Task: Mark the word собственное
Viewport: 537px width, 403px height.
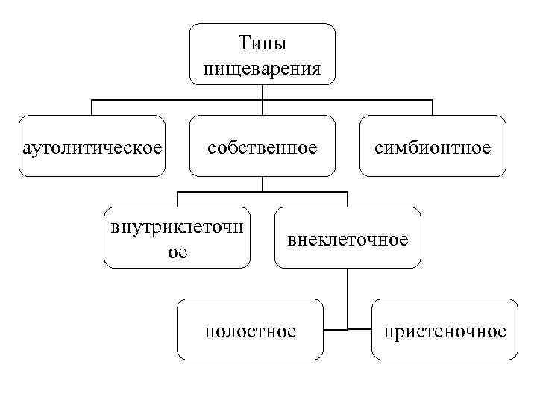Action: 262,148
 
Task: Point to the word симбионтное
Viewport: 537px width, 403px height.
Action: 433,148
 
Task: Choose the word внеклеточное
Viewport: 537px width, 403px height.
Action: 348,240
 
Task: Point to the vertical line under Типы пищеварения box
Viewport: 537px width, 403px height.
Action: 262,91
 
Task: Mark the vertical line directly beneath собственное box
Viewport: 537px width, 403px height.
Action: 262,184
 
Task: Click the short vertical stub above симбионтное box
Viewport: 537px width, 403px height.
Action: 433,107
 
